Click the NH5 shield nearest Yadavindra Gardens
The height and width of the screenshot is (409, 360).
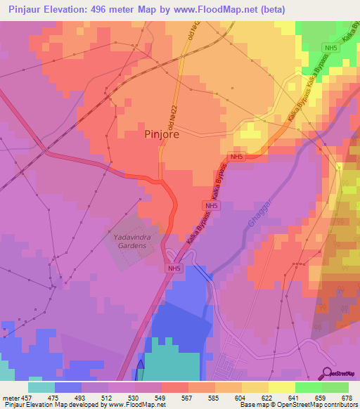174,268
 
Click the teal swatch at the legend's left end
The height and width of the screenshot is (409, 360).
41,387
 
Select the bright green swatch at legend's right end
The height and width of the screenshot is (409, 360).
335,387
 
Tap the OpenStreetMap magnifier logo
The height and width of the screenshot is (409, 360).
328,372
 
